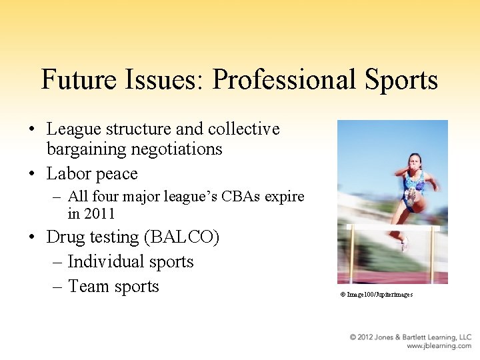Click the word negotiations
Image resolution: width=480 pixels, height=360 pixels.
click(184, 149)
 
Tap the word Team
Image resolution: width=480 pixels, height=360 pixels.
click(88, 287)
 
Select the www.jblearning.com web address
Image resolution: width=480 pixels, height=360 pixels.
click(439, 346)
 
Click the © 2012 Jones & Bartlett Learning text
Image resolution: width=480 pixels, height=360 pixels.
click(410, 337)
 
